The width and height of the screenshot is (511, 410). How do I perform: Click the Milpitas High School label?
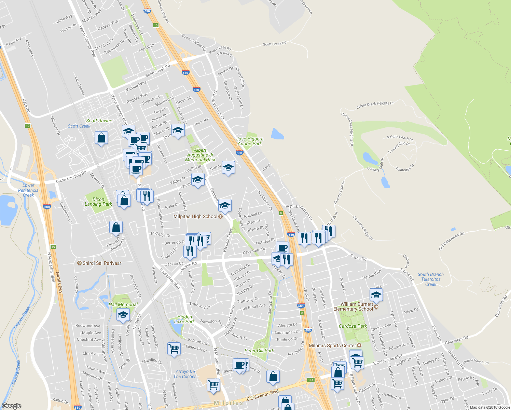195,216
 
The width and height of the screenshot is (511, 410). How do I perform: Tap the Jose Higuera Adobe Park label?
250,141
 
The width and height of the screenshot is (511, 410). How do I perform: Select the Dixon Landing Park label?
98,202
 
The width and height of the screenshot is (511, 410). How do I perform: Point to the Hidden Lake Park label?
184,319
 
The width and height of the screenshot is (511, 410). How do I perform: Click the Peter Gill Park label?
259,351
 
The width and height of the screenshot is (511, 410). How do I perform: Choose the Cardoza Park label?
353,326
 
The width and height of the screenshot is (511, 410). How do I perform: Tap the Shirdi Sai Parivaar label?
102,263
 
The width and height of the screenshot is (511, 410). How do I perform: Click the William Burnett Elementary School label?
357,306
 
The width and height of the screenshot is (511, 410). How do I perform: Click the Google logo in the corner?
11,406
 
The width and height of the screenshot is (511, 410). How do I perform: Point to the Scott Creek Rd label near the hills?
275,44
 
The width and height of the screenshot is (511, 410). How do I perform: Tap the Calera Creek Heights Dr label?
375,105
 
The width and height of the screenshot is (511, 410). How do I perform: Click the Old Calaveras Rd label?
452,241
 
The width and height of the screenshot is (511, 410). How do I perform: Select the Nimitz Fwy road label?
60,282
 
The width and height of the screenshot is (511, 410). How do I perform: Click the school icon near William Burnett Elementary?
376,295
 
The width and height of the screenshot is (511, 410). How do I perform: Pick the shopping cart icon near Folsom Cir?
174,349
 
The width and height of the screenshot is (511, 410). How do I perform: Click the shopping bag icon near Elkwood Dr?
116,227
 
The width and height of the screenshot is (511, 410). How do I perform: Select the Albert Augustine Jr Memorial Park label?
200,155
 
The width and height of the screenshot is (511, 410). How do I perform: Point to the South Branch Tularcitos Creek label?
430,279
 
